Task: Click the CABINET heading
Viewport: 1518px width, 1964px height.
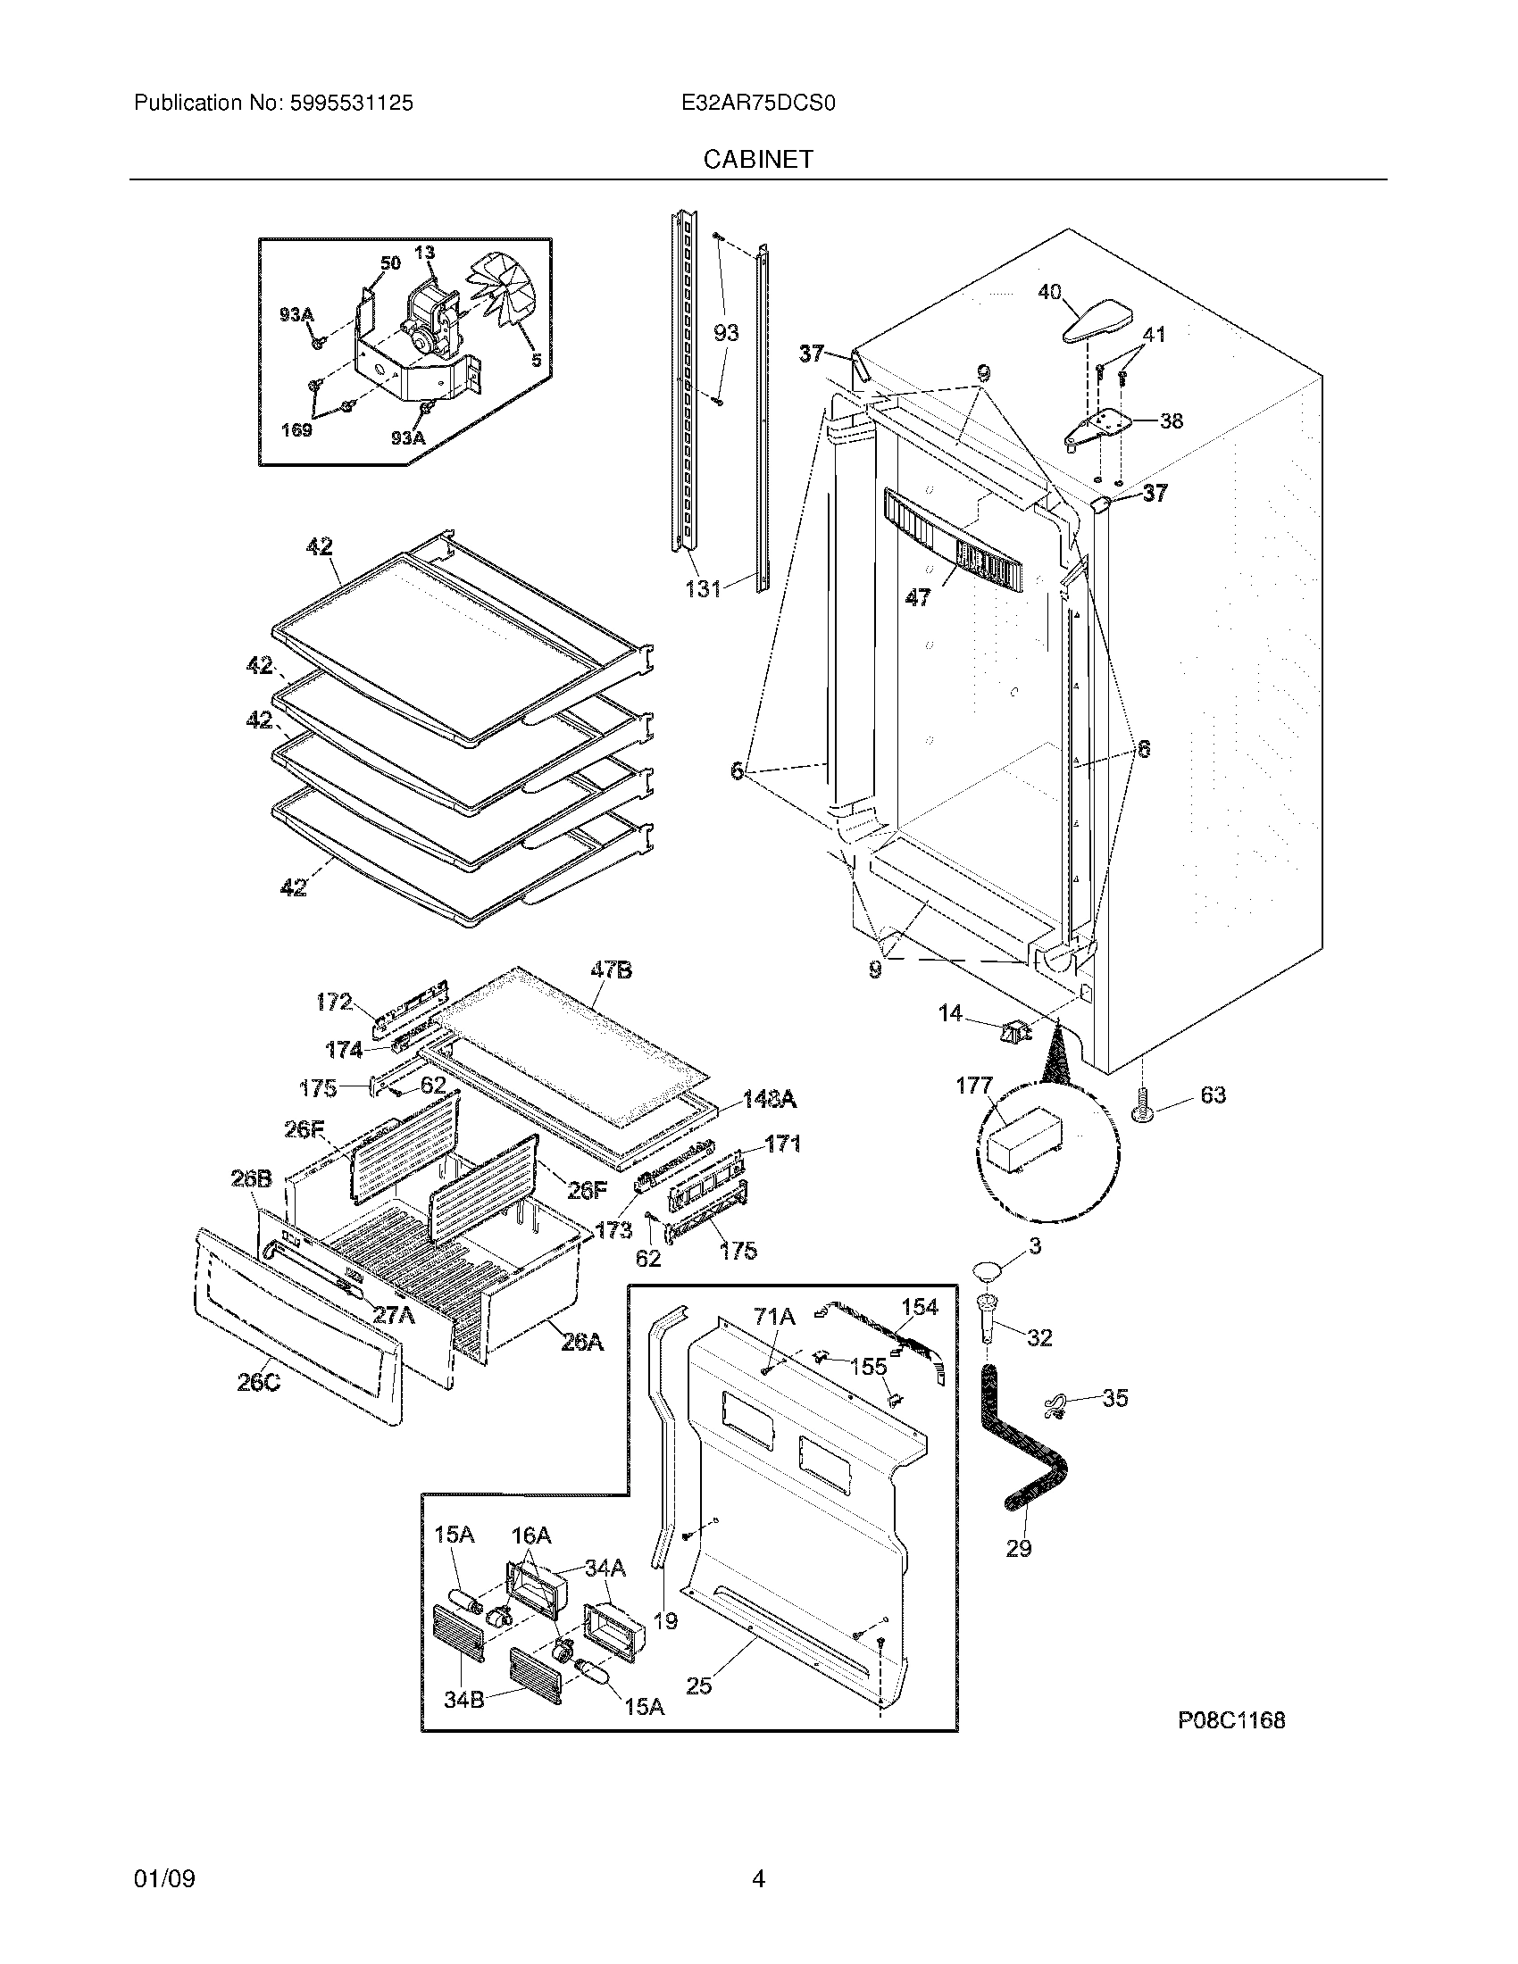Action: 757,159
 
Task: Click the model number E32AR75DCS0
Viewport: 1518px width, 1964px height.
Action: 758,104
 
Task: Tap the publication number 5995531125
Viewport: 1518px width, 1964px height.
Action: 351,104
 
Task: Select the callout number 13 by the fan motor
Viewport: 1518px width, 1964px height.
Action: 424,253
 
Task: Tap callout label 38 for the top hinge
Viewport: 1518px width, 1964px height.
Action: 1171,420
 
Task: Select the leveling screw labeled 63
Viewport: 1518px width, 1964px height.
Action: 1143,1105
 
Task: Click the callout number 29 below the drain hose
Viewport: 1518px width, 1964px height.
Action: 1018,1549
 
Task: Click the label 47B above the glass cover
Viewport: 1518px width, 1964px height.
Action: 611,970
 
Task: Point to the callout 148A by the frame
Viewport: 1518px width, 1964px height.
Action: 769,1099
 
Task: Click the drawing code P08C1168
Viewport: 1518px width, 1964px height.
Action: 1231,1720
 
